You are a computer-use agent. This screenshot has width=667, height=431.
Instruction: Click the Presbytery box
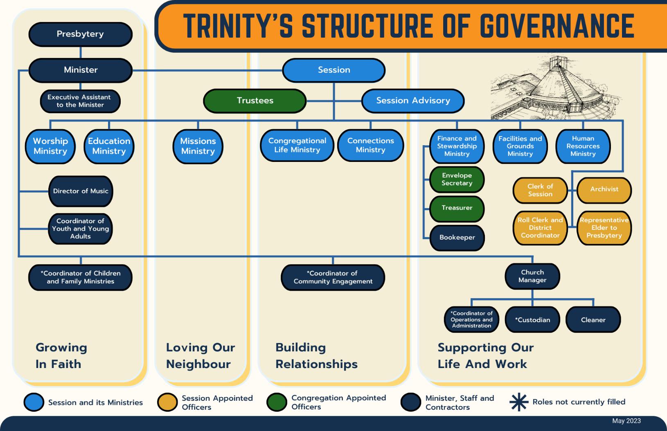[x=80, y=34]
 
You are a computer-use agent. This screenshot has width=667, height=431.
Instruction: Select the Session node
[x=334, y=70]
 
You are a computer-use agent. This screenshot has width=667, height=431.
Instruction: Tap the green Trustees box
[x=255, y=101]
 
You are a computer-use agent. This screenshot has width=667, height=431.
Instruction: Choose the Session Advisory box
[x=413, y=101]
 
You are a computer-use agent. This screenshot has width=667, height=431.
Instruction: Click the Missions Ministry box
[x=198, y=146]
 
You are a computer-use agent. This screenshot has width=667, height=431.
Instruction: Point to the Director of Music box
[x=81, y=191]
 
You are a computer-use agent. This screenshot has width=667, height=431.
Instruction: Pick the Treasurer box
[x=457, y=208]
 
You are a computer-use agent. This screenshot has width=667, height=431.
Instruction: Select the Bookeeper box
[x=457, y=238]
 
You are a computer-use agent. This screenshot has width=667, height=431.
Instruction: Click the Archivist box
[x=604, y=189]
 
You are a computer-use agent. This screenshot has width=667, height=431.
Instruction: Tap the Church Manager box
[x=532, y=276]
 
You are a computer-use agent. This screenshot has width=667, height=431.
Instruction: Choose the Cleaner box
[x=593, y=320]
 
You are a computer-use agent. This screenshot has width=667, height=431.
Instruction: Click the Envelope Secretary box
[x=457, y=180]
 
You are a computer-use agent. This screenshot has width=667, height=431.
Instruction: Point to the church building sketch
[x=557, y=88]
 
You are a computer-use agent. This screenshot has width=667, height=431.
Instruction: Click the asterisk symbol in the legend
[x=518, y=402]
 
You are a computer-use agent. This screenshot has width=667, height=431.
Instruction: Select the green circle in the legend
[x=276, y=402]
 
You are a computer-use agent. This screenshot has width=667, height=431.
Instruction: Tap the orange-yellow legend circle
[x=167, y=402]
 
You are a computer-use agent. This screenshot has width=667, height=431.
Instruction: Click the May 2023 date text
[x=626, y=421]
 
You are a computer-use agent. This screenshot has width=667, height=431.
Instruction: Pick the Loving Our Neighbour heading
[x=200, y=356]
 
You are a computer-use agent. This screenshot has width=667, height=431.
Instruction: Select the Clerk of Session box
[x=540, y=190]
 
